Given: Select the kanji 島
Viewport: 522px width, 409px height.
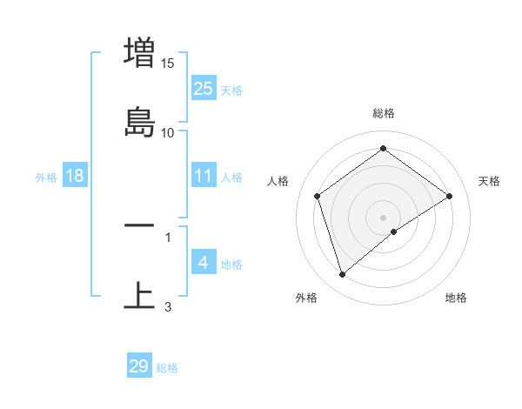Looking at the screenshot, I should [x=139, y=122].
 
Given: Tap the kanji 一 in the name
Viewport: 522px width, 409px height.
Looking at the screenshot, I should [x=139, y=225].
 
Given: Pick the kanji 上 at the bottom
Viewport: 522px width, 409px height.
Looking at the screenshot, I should [x=139, y=295].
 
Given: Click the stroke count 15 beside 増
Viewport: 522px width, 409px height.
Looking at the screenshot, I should [x=168, y=63].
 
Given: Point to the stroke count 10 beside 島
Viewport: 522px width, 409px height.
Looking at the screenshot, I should [x=168, y=132].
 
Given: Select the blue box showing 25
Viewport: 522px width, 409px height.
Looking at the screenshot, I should [x=203, y=88].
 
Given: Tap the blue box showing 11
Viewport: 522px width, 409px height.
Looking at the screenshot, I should [x=203, y=176].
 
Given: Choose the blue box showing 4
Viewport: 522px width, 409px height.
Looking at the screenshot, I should [x=203, y=262].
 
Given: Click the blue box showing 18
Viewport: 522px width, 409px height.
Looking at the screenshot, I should [x=75, y=176].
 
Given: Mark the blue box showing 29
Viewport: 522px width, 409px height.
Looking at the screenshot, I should [x=139, y=366].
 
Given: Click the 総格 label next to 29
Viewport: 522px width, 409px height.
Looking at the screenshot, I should [x=167, y=368].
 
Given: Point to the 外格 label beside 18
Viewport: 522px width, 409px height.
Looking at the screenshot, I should [x=46, y=178].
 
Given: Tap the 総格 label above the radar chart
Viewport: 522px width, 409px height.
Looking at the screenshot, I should [x=384, y=113].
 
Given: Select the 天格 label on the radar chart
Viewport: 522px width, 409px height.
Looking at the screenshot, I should [x=490, y=181].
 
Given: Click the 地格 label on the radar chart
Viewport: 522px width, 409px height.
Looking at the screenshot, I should [x=456, y=298].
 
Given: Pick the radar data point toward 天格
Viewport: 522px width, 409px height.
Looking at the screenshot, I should [x=449, y=196].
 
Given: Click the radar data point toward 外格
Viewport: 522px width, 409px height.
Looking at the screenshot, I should [x=342, y=275].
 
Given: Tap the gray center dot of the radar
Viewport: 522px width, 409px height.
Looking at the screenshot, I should [x=384, y=217].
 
